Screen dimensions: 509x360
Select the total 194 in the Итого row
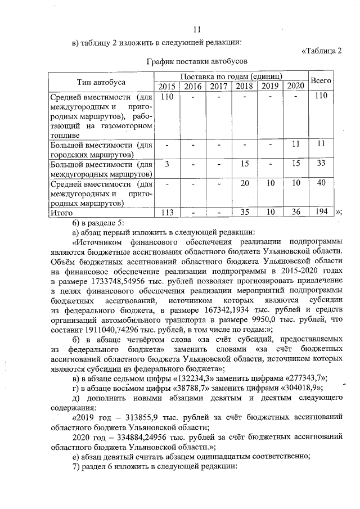[321, 212]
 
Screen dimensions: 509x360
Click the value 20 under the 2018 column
[244, 183]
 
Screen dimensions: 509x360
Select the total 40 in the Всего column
[321, 183]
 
